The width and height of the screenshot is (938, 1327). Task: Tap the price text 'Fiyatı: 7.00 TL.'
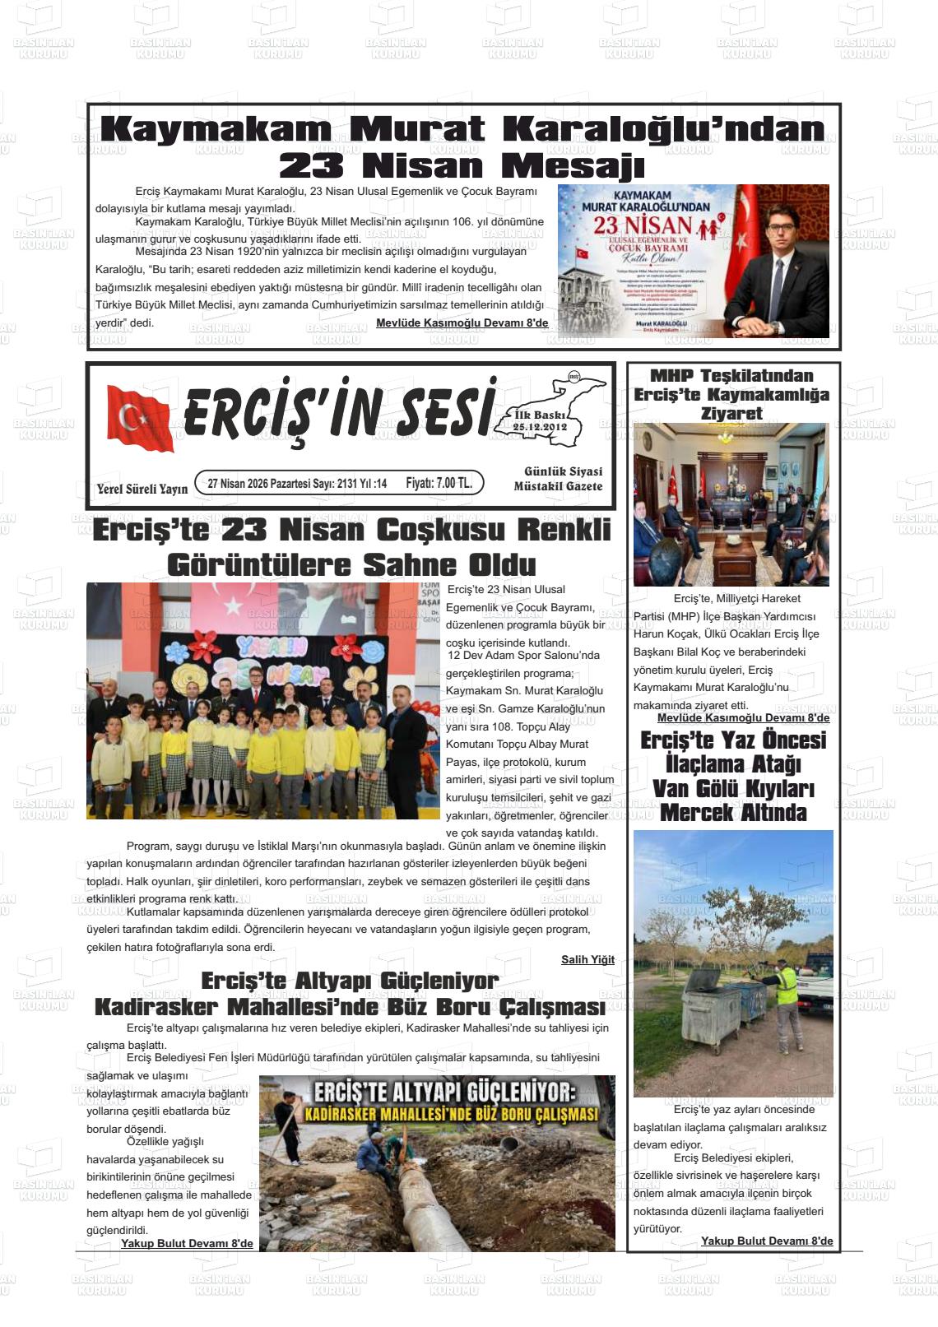439,483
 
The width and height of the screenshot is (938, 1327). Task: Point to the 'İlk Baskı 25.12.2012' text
540,421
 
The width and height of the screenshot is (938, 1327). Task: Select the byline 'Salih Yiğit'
587,959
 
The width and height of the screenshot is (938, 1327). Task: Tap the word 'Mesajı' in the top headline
573,166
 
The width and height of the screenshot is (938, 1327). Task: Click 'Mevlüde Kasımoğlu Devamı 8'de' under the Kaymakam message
462,322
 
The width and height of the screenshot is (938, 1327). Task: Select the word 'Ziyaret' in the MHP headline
731,413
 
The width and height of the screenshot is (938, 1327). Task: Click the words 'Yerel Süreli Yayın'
142,489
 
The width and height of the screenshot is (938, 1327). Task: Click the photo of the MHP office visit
731,503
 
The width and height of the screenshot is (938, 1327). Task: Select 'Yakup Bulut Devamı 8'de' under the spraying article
766,1241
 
